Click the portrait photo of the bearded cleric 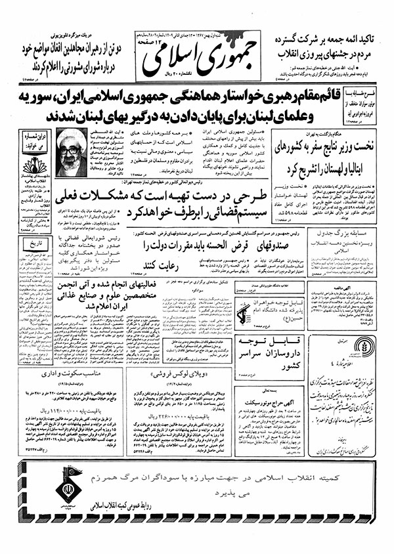tap(70, 152)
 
